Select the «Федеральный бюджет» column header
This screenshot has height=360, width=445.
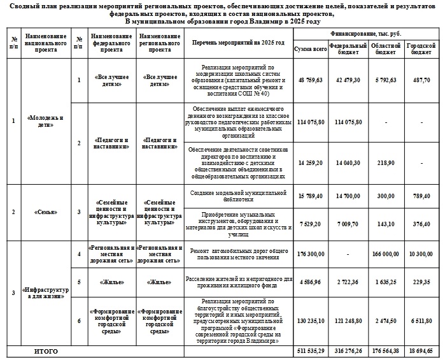click(352, 48)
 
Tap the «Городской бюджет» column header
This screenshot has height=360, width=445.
click(421, 48)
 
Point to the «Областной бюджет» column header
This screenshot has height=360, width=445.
click(386, 48)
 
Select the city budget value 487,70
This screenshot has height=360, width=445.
click(421, 80)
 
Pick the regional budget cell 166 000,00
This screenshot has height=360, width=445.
click(386, 254)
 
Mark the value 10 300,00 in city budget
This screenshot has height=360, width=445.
click(421, 254)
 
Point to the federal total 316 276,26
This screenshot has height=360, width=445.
click(352, 351)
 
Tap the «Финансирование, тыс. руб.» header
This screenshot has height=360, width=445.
click(365, 32)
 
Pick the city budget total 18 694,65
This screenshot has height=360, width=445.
click(421, 351)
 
